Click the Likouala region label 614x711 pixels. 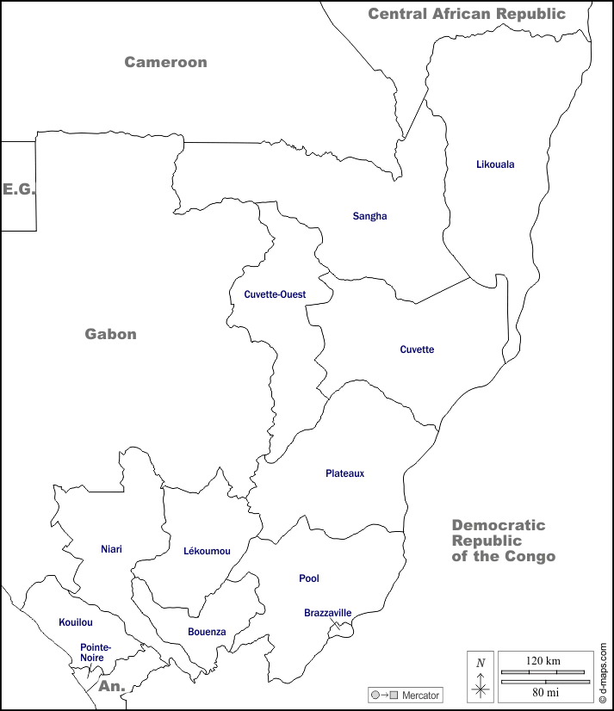click(x=495, y=164)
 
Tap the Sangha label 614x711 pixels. click(x=369, y=216)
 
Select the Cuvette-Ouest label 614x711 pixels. click(x=275, y=294)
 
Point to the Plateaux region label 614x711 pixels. click(x=345, y=473)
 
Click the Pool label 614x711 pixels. click(x=309, y=578)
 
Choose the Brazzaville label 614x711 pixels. click(x=327, y=613)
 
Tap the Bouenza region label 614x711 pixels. click(x=207, y=632)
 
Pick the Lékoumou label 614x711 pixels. click(x=207, y=551)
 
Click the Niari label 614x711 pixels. click(x=111, y=548)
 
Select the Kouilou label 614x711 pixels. click(x=76, y=622)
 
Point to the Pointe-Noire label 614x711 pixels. click(x=95, y=652)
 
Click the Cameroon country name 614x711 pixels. click(x=165, y=62)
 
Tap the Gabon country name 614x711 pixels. click(x=110, y=334)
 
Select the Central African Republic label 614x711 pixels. click(x=467, y=13)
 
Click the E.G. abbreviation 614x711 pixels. click(x=19, y=189)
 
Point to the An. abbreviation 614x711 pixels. click(x=112, y=686)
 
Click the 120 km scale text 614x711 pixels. click(x=543, y=660)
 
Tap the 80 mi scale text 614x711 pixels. click(x=543, y=691)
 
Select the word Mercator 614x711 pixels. click(x=421, y=695)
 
